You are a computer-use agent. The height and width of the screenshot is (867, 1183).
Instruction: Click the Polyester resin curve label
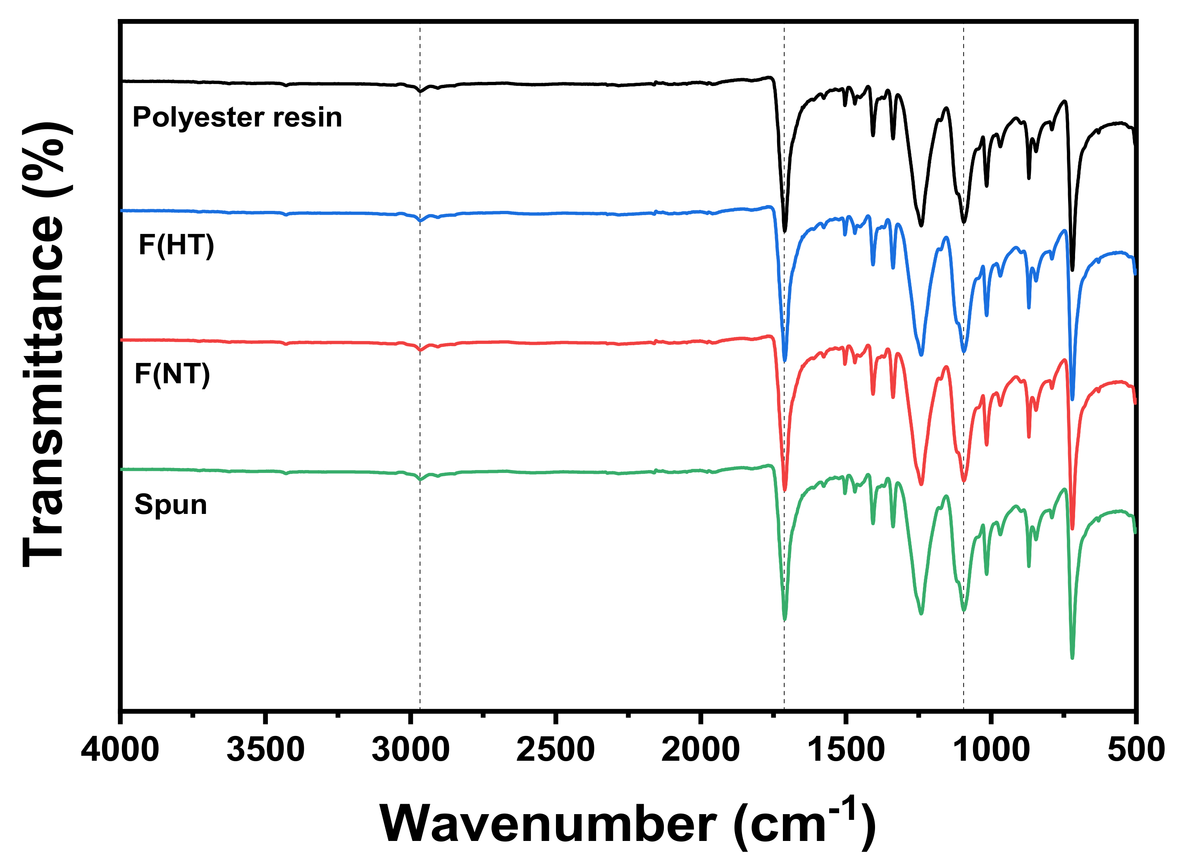pos(237,117)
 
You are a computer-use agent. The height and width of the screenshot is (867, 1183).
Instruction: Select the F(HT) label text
pos(176,245)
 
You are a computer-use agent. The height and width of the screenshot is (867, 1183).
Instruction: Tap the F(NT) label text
pos(172,374)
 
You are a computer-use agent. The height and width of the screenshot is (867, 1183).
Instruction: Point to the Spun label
pos(170,504)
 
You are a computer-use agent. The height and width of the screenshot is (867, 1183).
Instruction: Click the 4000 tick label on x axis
pos(120,750)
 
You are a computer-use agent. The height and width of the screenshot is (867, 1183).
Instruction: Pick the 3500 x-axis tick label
pos(265,750)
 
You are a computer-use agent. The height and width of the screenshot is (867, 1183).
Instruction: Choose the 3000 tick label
pos(410,750)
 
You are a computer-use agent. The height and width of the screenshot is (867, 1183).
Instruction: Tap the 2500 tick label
pos(555,750)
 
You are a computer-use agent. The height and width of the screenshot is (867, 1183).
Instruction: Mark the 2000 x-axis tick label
pos(700,750)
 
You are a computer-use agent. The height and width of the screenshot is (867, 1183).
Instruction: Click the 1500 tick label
pos(846,750)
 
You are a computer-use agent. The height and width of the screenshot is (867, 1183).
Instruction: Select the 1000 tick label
pos(990,750)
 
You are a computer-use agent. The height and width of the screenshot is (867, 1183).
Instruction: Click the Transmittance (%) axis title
pos(45,344)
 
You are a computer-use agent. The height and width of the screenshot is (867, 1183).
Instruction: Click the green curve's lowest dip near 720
pos(1072,657)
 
